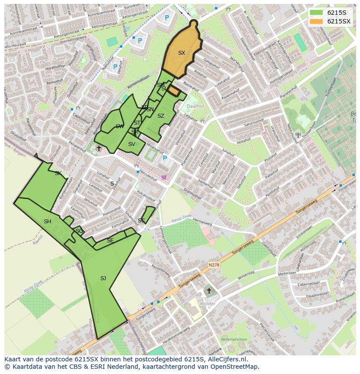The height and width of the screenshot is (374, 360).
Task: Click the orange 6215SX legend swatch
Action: [317, 21]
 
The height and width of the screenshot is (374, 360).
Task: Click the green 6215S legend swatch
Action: [317, 13]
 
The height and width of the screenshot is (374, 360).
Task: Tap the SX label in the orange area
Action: [182, 53]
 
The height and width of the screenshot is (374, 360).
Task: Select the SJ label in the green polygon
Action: [103, 278]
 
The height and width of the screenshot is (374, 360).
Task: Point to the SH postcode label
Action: [47, 222]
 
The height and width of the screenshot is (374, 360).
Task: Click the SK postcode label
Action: [58, 173]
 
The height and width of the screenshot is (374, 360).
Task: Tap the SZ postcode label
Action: [161, 116]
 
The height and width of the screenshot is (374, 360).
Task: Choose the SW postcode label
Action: [120, 126]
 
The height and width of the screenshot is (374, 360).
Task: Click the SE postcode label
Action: [110, 241]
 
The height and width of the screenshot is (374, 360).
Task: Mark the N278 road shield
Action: [213, 265]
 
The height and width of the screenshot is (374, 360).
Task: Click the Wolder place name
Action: [207, 304]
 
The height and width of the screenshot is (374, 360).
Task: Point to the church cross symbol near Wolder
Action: [209, 291]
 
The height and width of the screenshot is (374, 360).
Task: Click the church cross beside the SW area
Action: [99, 149]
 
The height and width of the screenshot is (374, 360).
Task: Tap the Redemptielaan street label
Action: [234, 339]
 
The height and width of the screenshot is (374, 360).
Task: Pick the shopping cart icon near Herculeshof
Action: [163, 177]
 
